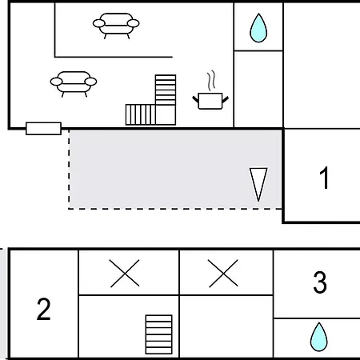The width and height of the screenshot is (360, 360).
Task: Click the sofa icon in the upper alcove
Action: click(x=116, y=26)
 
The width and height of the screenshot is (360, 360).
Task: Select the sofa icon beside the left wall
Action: click(x=74, y=84)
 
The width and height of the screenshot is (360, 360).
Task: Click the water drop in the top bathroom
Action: click(x=258, y=28)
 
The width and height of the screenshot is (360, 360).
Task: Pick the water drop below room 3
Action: click(x=319, y=337)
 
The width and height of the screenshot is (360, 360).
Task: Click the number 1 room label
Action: click(x=324, y=178)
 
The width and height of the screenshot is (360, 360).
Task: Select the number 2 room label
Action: click(x=43, y=309)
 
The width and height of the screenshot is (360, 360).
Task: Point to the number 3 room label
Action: click(x=320, y=282)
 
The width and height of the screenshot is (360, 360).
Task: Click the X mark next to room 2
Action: click(x=125, y=274)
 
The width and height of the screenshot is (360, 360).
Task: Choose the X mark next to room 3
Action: click(x=223, y=274)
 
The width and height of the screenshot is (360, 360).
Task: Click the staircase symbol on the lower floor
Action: click(x=158, y=334)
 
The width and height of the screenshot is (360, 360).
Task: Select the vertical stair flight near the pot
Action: click(x=166, y=90)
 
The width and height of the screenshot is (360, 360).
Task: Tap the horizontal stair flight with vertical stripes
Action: click(x=141, y=114)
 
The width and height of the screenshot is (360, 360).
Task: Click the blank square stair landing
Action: click(x=166, y=114)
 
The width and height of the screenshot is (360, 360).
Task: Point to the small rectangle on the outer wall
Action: click(x=43, y=129)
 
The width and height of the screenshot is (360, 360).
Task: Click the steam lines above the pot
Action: click(x=210, y=80)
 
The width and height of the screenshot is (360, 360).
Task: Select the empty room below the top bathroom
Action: click(x=258, y=89)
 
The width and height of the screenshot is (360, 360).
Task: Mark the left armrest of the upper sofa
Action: click(x=98, y=23)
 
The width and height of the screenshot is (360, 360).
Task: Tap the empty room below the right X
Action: click(x=226, y=326)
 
